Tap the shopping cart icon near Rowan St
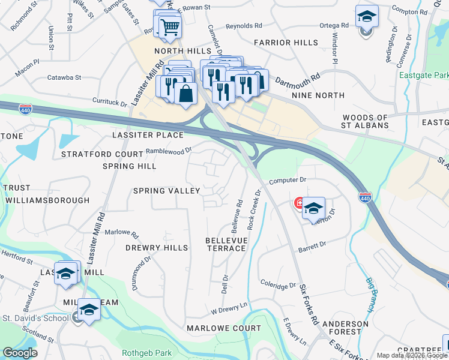[x=170, y=26]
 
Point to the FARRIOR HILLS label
[x=285, y=43]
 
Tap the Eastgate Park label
[x=427, y=76]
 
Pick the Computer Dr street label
[x=288, y=179]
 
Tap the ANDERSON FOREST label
[x=341, y=327]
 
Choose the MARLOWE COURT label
[x=224, y=328]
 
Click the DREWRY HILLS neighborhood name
[x=157, y=247]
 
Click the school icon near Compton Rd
[x=366, y=17]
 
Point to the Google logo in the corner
[x=20, y=353]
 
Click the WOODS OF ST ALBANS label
[x=365, y=122]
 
